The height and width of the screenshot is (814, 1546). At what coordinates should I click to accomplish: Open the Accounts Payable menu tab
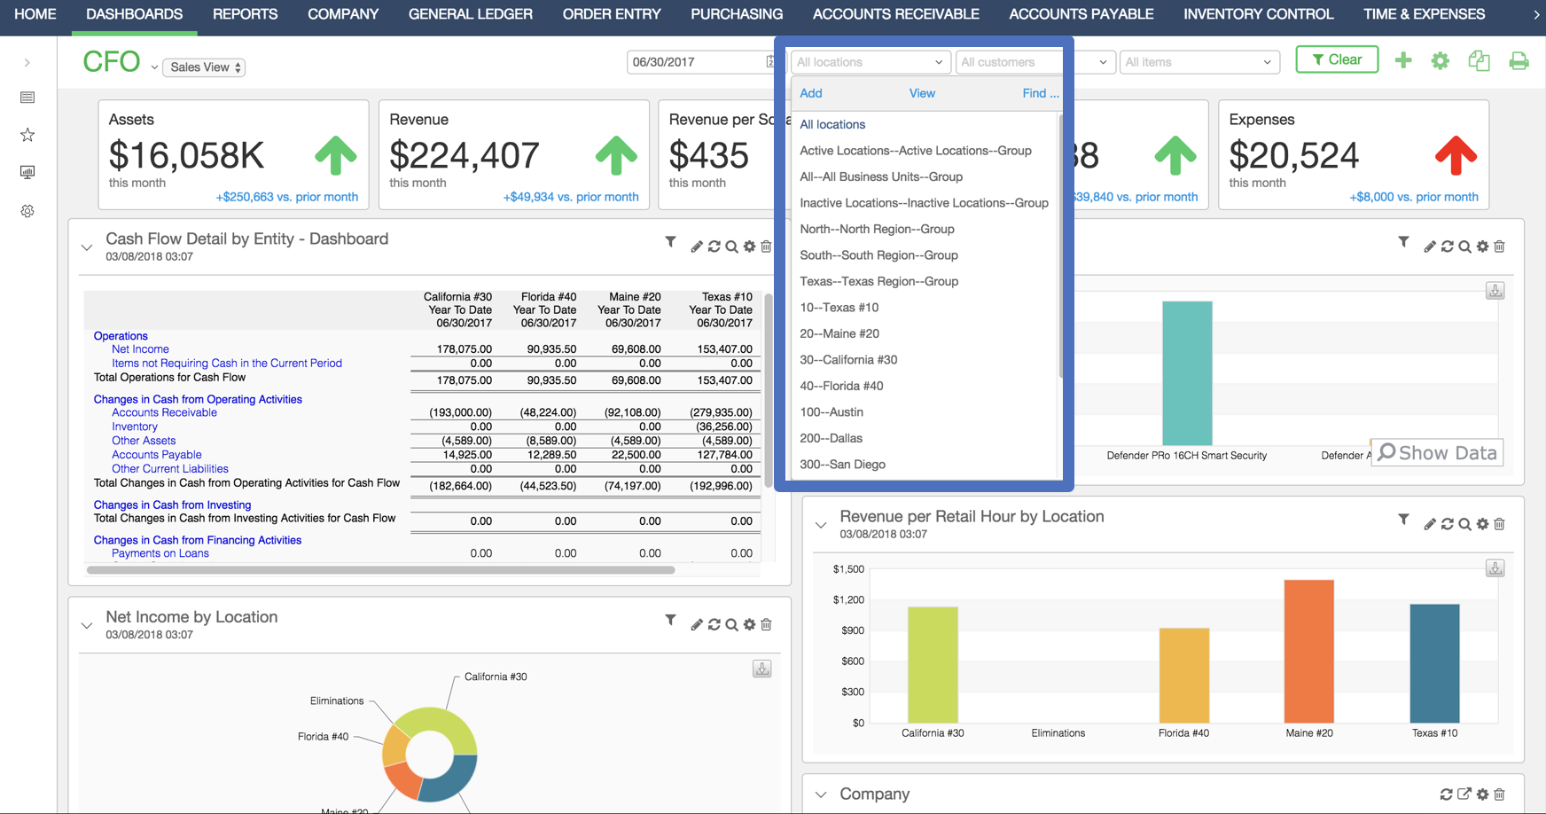[x=1081, y=14]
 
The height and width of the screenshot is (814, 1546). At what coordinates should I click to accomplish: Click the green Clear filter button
[x=1337, y=60]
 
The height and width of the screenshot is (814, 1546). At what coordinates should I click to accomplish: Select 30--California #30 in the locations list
[x=848, y=360]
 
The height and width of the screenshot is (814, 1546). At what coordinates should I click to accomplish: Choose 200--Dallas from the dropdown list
[x=831, y=438]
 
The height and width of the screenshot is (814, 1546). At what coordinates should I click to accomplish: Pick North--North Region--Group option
[x=877, y=229]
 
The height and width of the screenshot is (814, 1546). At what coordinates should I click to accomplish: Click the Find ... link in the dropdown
[x=1040, y=93]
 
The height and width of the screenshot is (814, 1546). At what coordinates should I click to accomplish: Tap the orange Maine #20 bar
[x=1308, y=652]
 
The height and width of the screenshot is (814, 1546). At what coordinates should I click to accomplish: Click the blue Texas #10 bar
[x=1434, y=663]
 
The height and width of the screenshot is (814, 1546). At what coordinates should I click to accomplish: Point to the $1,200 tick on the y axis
[x=848, y=600]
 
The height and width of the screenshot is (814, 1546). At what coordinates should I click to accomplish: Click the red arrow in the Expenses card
[x=1455, y=155]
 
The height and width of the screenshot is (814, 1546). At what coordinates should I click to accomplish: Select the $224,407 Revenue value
[x=464, y=156]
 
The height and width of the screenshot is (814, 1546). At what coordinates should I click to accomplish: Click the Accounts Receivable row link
[x=164, y=413]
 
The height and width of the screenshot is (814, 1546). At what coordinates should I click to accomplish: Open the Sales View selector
[x=205, y=67]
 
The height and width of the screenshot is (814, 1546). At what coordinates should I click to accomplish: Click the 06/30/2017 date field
[x=696, y=62]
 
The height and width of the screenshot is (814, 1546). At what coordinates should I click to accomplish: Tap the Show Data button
[x=1437, y=453]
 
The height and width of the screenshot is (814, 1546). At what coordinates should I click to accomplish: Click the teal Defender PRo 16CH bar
[x=1187, y=372]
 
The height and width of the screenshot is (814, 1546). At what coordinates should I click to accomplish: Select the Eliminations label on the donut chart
[x=337, y=701]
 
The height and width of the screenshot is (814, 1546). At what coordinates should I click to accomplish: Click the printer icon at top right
[x=1519, y=61]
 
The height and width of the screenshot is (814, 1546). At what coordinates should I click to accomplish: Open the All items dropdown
[x=1198, y=62]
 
